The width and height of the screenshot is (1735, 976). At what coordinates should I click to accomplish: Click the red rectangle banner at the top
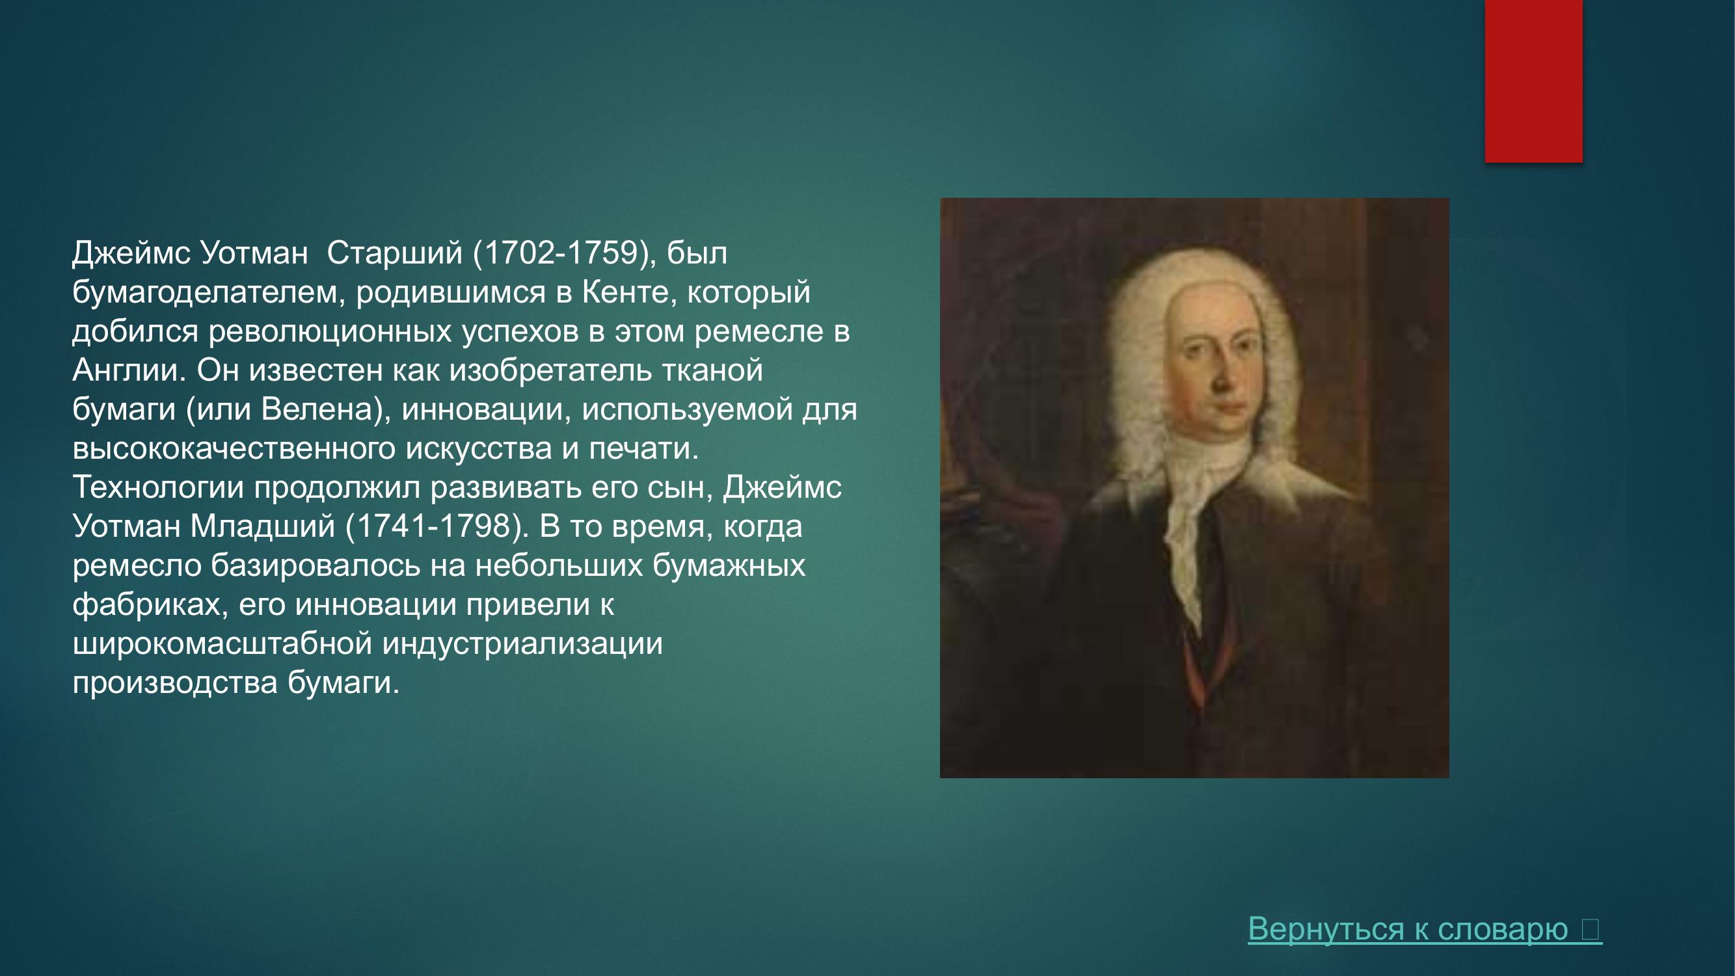click(1533, 81)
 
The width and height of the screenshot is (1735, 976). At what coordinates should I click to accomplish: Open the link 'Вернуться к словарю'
click(1408, 929)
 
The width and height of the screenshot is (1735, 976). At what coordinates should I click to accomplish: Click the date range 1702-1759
click(561, 253)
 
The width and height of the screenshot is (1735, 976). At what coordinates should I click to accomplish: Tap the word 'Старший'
click(395, 253)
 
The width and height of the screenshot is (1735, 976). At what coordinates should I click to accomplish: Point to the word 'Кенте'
click(629, 292)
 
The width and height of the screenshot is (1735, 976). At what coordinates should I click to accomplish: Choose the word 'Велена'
click(317, 409)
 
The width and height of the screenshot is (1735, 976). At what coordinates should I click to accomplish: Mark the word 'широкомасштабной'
click(222, 644)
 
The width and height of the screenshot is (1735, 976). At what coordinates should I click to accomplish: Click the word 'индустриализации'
click(522, 644)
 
